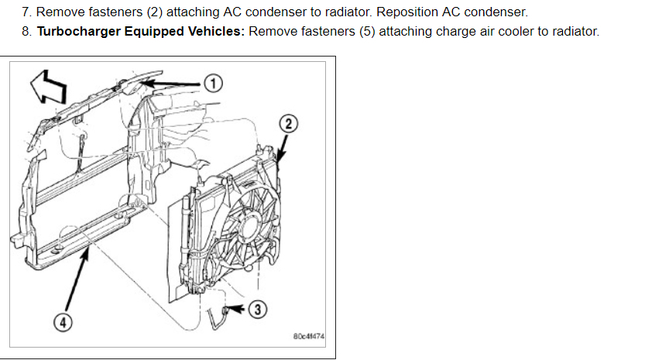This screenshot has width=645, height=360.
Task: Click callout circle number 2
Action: pos(287,124)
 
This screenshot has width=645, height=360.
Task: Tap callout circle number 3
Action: pos(259,310)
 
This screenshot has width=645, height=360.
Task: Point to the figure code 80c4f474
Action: pos(309,338)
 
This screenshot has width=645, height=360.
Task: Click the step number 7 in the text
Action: pos(26,12)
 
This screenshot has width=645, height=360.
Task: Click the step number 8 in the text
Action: pos(26,31)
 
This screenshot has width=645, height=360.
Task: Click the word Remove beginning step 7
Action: pos(60,12)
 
